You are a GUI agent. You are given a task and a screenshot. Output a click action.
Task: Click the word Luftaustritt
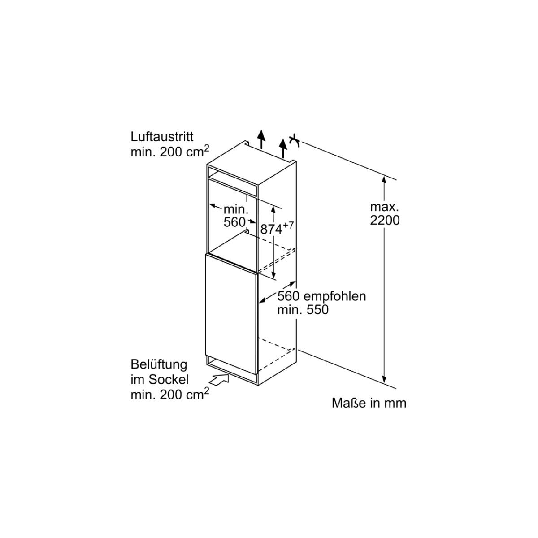point(162,137)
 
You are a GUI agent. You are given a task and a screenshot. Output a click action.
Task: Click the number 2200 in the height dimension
point(385,221)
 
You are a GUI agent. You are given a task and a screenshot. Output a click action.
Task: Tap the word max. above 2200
point(384,207)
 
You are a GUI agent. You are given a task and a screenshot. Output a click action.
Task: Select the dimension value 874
point(271,230)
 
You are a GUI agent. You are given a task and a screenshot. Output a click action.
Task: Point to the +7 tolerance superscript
point(288,226)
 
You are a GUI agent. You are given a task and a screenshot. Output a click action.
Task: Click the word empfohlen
point(335,297)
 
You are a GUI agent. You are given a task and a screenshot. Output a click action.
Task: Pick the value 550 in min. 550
point(317,310)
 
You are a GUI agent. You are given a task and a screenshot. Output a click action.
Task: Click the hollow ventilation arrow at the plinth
point(220,380)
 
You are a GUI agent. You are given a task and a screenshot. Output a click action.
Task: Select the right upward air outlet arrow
point(283,148)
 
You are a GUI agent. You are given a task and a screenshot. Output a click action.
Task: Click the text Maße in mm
point(369,403)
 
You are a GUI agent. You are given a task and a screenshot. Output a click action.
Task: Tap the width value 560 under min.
point(234,222)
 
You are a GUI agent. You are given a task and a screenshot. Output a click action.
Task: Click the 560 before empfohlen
point(288,296)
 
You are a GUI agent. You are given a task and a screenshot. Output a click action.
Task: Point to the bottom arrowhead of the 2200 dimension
point(384,380)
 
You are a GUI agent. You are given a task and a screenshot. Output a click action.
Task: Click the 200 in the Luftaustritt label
point(170,152)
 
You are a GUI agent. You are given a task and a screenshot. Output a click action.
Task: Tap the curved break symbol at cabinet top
point(295,141)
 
